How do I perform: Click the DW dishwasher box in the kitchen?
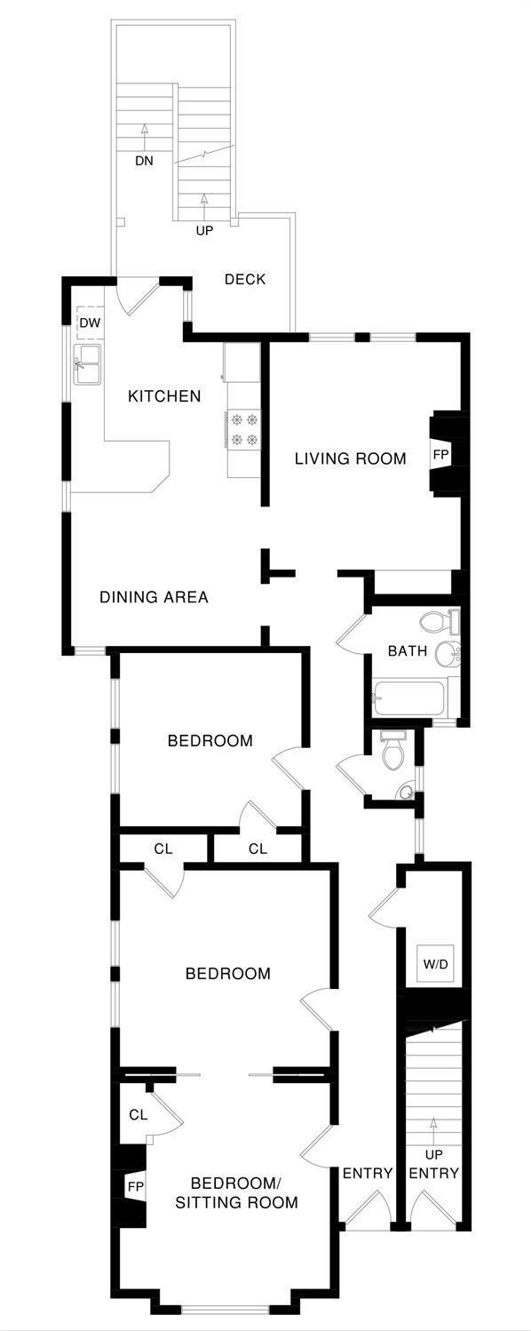click(x=90, y=323)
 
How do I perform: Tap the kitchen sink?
click(x=88, y=364)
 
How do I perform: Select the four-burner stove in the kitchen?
click(x=244, y=429)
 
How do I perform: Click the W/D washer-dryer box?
click(x=435, y=964)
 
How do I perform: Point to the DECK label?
click(x=245, y=279)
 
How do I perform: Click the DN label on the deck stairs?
click(x=144, y=161)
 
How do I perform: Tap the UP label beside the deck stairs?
click(x=204, y=230)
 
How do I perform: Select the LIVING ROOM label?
click(x=351, y=458)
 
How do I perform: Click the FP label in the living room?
click(x=440, y=456)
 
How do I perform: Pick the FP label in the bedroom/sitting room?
click(x=136, y=1186)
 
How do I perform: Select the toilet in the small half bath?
click(x=392, y=751)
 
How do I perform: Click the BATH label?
click(x=408, y=651)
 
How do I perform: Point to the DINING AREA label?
click(x=154, y=597)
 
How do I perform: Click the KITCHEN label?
click(x=164, y=396)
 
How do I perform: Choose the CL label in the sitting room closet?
click(x=138, y=1115)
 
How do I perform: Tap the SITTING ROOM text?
click(x=236, y=1203)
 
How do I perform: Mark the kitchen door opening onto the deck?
click(x=138, y=297)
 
